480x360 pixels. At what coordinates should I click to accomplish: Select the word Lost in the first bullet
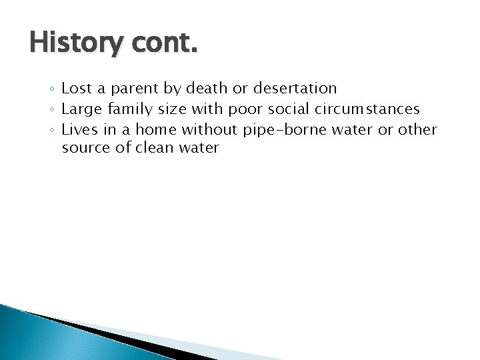pos(74,88)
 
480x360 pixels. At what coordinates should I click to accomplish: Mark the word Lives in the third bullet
pos(77,128)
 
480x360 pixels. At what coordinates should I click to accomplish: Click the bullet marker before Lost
pos(53,89)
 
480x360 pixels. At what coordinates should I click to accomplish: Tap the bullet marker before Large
pos(53,109)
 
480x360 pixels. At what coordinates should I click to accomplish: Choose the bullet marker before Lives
pos(53,129)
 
